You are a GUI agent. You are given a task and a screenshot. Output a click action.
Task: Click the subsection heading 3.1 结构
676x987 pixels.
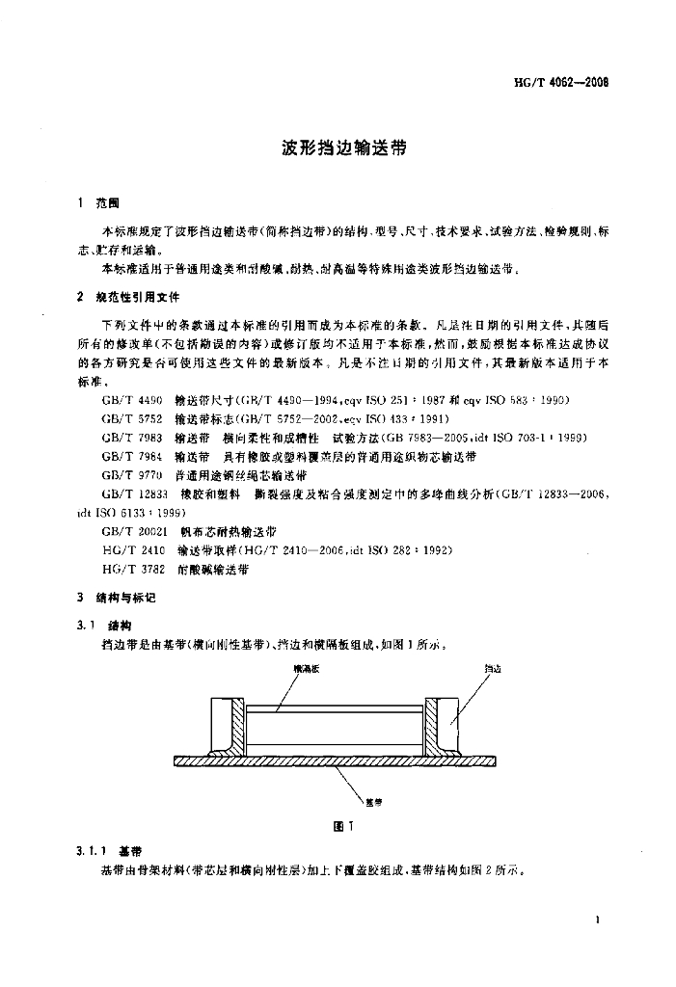tap(109, 624)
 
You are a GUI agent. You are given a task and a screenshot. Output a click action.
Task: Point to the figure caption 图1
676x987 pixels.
tap(338, 825)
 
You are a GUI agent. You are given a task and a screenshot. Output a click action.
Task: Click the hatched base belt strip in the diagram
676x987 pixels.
tap(338, 760)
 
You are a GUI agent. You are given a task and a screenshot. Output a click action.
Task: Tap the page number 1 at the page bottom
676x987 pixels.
tap(600, 921)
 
